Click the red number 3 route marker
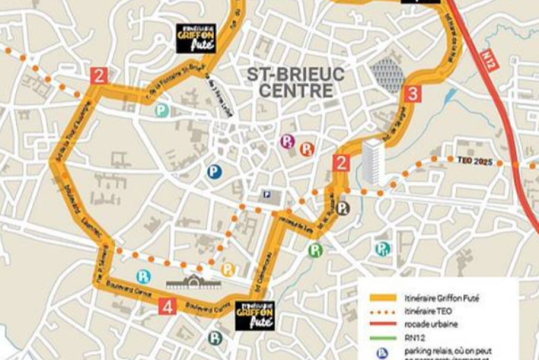click(x=414, y=94)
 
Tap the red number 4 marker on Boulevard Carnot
click(x=168, y=306)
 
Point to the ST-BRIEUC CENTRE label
click(x=296, y=83)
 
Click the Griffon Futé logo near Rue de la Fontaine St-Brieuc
click(x=196, y=38)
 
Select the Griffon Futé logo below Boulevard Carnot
click(x=255, y=315)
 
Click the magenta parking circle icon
click(x=287, y=142)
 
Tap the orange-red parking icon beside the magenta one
click(x=307, y=149)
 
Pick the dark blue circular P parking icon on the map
click(x=214, y=171)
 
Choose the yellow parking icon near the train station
click(x=228, y=269)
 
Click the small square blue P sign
click(x=267, y=194)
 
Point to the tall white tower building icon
click(x=371, y=161)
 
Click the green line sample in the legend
click(x=382, y=337)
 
